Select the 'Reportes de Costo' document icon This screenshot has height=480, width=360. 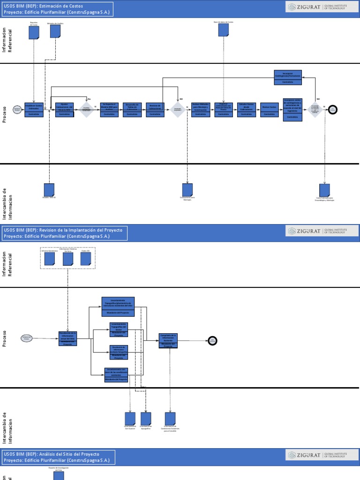coord(34,32)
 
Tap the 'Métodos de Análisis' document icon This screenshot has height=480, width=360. coord(55,31)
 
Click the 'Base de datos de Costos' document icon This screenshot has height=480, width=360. coord(224,30)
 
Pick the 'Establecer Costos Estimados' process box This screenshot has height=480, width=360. coord(34,110)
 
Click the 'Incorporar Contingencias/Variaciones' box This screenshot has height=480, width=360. coord(288,77)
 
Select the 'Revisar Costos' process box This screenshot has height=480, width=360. coord(270,110)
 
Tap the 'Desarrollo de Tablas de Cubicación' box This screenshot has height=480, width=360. coord(133,110)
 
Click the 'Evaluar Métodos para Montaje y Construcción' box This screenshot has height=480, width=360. coord(201,110)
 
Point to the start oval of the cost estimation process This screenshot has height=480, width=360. coord(17,109)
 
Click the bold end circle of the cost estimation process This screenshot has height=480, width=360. coord(333,109)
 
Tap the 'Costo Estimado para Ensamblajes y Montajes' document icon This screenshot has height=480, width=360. coord(324,190)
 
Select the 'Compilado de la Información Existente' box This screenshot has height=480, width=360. coord(168,341)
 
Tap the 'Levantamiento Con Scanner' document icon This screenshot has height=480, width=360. coord(130,418)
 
